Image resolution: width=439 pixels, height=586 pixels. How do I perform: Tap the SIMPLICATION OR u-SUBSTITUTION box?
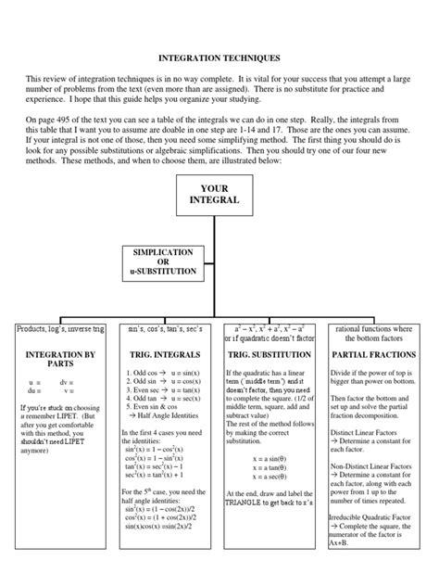163,261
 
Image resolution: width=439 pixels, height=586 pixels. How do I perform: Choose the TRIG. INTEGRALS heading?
163,353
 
